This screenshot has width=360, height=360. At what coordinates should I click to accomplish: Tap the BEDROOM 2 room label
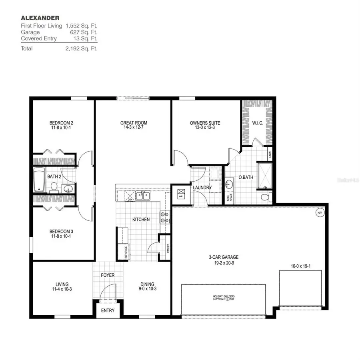pyautogui.click(x=61, y=123)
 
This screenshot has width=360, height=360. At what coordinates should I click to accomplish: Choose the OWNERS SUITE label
pyautogui.click(x=205, y=123)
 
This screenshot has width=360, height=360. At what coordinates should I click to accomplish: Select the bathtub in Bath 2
pyautogui.click(x=39, y=180)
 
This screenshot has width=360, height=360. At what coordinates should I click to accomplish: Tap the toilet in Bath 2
pyautogui.click(x=54, y=187)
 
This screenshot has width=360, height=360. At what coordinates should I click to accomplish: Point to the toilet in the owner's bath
pyautogui.click(x=266, y=197)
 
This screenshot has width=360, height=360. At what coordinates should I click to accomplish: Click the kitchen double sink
pyautogui.click(x=143, y=196)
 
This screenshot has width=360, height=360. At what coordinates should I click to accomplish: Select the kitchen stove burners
pyautogui.click(x=164, y=217)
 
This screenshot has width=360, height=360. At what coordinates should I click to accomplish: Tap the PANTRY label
pyautogui.click(x=168, y=249)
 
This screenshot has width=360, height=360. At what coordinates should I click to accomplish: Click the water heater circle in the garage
pyautogui.click(x=320, y=212)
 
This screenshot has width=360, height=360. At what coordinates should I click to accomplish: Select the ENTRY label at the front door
pyautogui.click(x=108, y=310)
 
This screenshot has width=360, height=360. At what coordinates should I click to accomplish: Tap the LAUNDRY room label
pyautogui.click(x=202, y=188)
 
